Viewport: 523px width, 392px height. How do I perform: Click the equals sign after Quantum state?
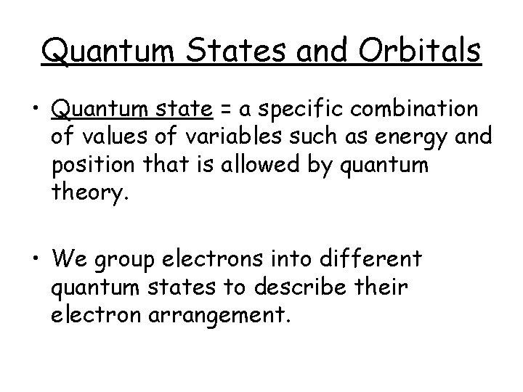(x=226, y=110)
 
